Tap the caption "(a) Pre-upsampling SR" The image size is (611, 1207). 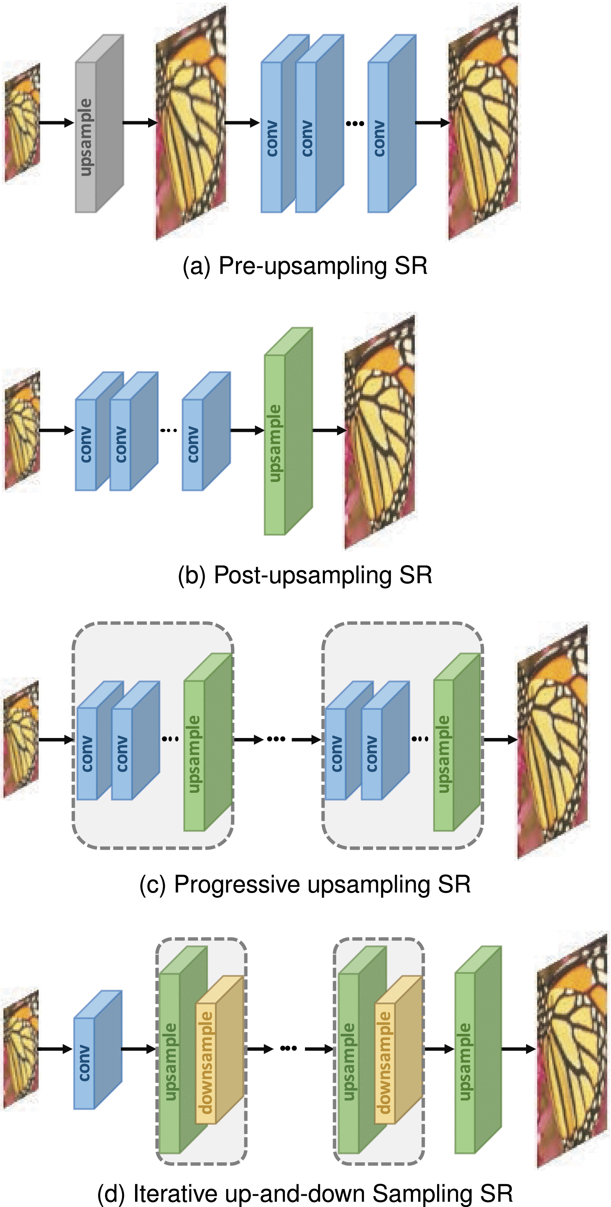pyautogui.click(x=305, y=266)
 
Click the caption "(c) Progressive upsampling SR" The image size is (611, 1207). pyautogui.click(x=305, y=884)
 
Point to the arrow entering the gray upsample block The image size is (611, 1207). pyautogui.click(x=56, y=123)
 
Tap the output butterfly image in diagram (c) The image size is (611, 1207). pyautogui.click(x=553, y=740)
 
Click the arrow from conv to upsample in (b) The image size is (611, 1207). pyautogui.click(x=247, y=430)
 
